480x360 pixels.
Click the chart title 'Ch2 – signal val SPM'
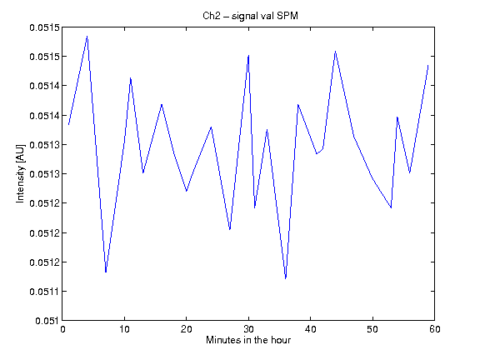[250, 16]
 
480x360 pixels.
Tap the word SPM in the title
[287, 16]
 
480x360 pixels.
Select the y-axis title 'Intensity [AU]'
[20, 173]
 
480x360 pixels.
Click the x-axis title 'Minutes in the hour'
[248, 340]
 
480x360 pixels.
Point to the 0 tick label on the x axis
[62, 329]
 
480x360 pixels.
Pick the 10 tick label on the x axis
[125, 329]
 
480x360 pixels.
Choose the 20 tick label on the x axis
[187, 329]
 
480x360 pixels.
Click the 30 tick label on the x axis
[248, 329]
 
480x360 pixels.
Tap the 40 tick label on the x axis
[310, 329]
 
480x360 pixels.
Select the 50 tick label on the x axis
[372, 329]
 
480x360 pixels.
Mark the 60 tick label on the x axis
[435, 329]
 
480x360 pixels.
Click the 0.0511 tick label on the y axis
[43, 292]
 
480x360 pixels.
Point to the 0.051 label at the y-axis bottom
[47, 321]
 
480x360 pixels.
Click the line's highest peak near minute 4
[87, 37]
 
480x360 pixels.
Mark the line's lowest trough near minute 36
[286, 278]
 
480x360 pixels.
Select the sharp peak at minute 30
[248, 55]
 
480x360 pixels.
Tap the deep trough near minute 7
[106, 272]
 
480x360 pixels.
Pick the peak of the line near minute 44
[336, 52]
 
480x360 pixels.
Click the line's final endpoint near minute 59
[428, 65]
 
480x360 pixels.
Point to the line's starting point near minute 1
[68, 125]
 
